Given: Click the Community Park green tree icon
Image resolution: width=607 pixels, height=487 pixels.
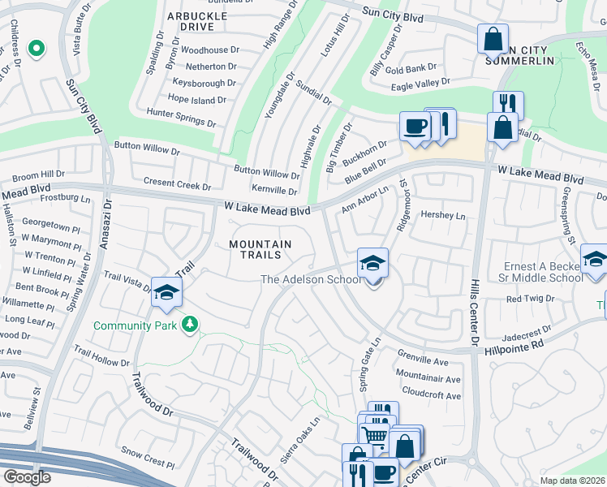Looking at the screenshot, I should [190, 325].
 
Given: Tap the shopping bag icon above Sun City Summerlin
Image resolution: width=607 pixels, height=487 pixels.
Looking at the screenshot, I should [492, 38].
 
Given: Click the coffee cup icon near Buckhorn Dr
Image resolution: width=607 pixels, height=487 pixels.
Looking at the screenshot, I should [415, 127].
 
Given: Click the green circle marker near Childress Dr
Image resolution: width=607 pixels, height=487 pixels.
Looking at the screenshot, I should [35, 50].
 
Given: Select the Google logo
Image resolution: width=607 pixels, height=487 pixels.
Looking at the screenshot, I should [27, 477].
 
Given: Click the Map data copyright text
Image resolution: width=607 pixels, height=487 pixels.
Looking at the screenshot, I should [571, 481].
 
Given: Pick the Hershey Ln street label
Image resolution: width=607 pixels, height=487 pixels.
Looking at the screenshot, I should [444, 215].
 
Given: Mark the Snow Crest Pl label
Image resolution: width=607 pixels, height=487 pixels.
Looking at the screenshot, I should [147, 456].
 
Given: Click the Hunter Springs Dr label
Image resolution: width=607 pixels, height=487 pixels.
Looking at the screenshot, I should [180, 118].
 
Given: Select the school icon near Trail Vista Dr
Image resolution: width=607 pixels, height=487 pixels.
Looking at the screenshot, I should [166, 293].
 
